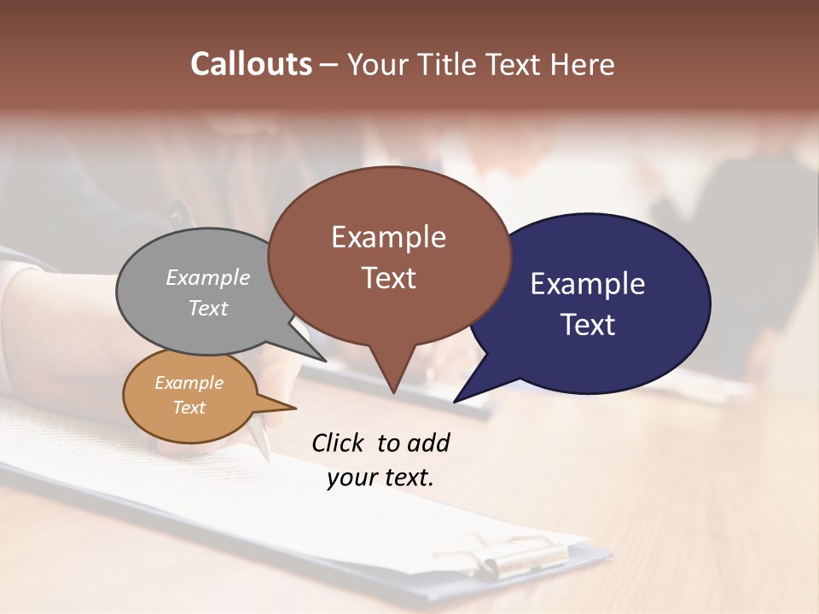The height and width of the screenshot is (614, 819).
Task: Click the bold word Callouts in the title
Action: click(251, 64)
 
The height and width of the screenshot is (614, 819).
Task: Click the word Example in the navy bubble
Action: click(588, 283)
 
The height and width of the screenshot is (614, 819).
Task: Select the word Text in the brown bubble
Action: click(389, 278)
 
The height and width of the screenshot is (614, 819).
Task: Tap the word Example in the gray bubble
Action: click(208, 277)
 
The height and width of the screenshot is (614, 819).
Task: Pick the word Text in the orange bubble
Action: click(189, 408)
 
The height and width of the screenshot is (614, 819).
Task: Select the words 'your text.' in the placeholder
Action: click(380, 478)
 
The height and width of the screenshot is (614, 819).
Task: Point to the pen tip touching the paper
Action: click(267, 456)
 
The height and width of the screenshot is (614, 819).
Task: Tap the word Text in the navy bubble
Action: click(588, 325)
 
